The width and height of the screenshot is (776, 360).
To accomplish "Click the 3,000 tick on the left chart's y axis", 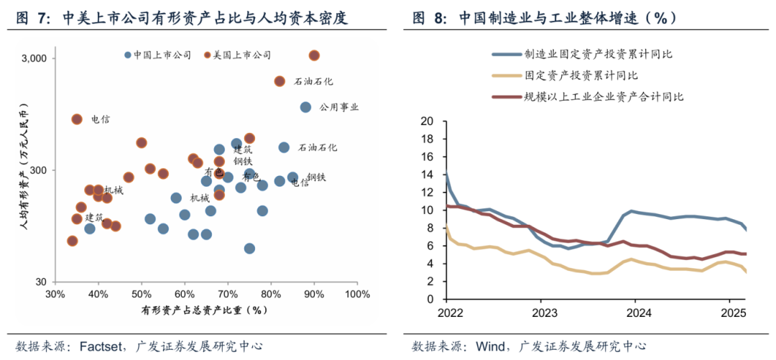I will (37, 58).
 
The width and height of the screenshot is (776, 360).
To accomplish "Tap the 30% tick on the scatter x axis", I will (55, 295).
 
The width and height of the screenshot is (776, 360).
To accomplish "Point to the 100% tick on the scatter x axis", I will (357, 295).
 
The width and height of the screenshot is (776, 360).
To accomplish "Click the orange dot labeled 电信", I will (77, 119).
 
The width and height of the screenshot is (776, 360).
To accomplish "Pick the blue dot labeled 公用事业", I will (305, 107).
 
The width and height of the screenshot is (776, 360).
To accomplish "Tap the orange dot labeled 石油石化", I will (280, 81).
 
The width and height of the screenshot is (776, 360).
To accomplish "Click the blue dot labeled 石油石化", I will (284, 147).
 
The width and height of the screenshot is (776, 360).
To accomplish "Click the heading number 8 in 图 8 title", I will (438, 18).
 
